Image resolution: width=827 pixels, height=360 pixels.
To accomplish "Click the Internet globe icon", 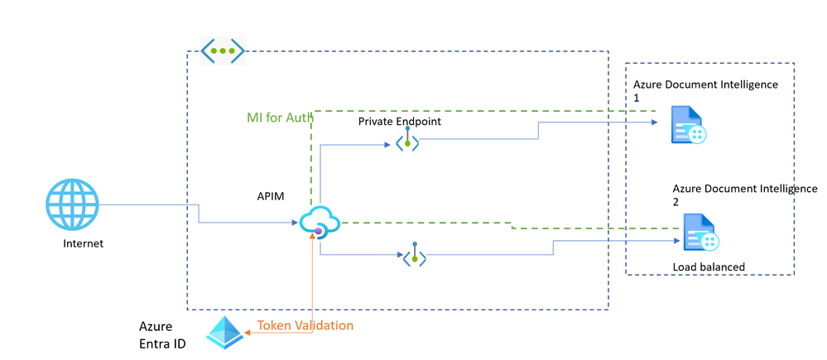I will tap(72, 206).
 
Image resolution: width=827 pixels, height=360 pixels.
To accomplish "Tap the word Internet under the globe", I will tap(83, 244).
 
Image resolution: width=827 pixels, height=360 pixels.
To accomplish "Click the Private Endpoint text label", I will tap(399, 122).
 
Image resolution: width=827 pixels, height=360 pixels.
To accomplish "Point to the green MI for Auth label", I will tap(280, 118).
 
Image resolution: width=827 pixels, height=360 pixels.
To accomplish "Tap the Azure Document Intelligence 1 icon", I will tap(688, 125).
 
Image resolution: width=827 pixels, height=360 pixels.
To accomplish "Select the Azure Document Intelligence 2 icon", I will tap(700, 233).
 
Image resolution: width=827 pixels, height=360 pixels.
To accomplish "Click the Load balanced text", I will tap(709, 266).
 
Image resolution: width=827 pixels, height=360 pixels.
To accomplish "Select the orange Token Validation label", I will tap(305, 326).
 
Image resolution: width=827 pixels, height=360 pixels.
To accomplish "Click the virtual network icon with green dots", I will tap(224, 50).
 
